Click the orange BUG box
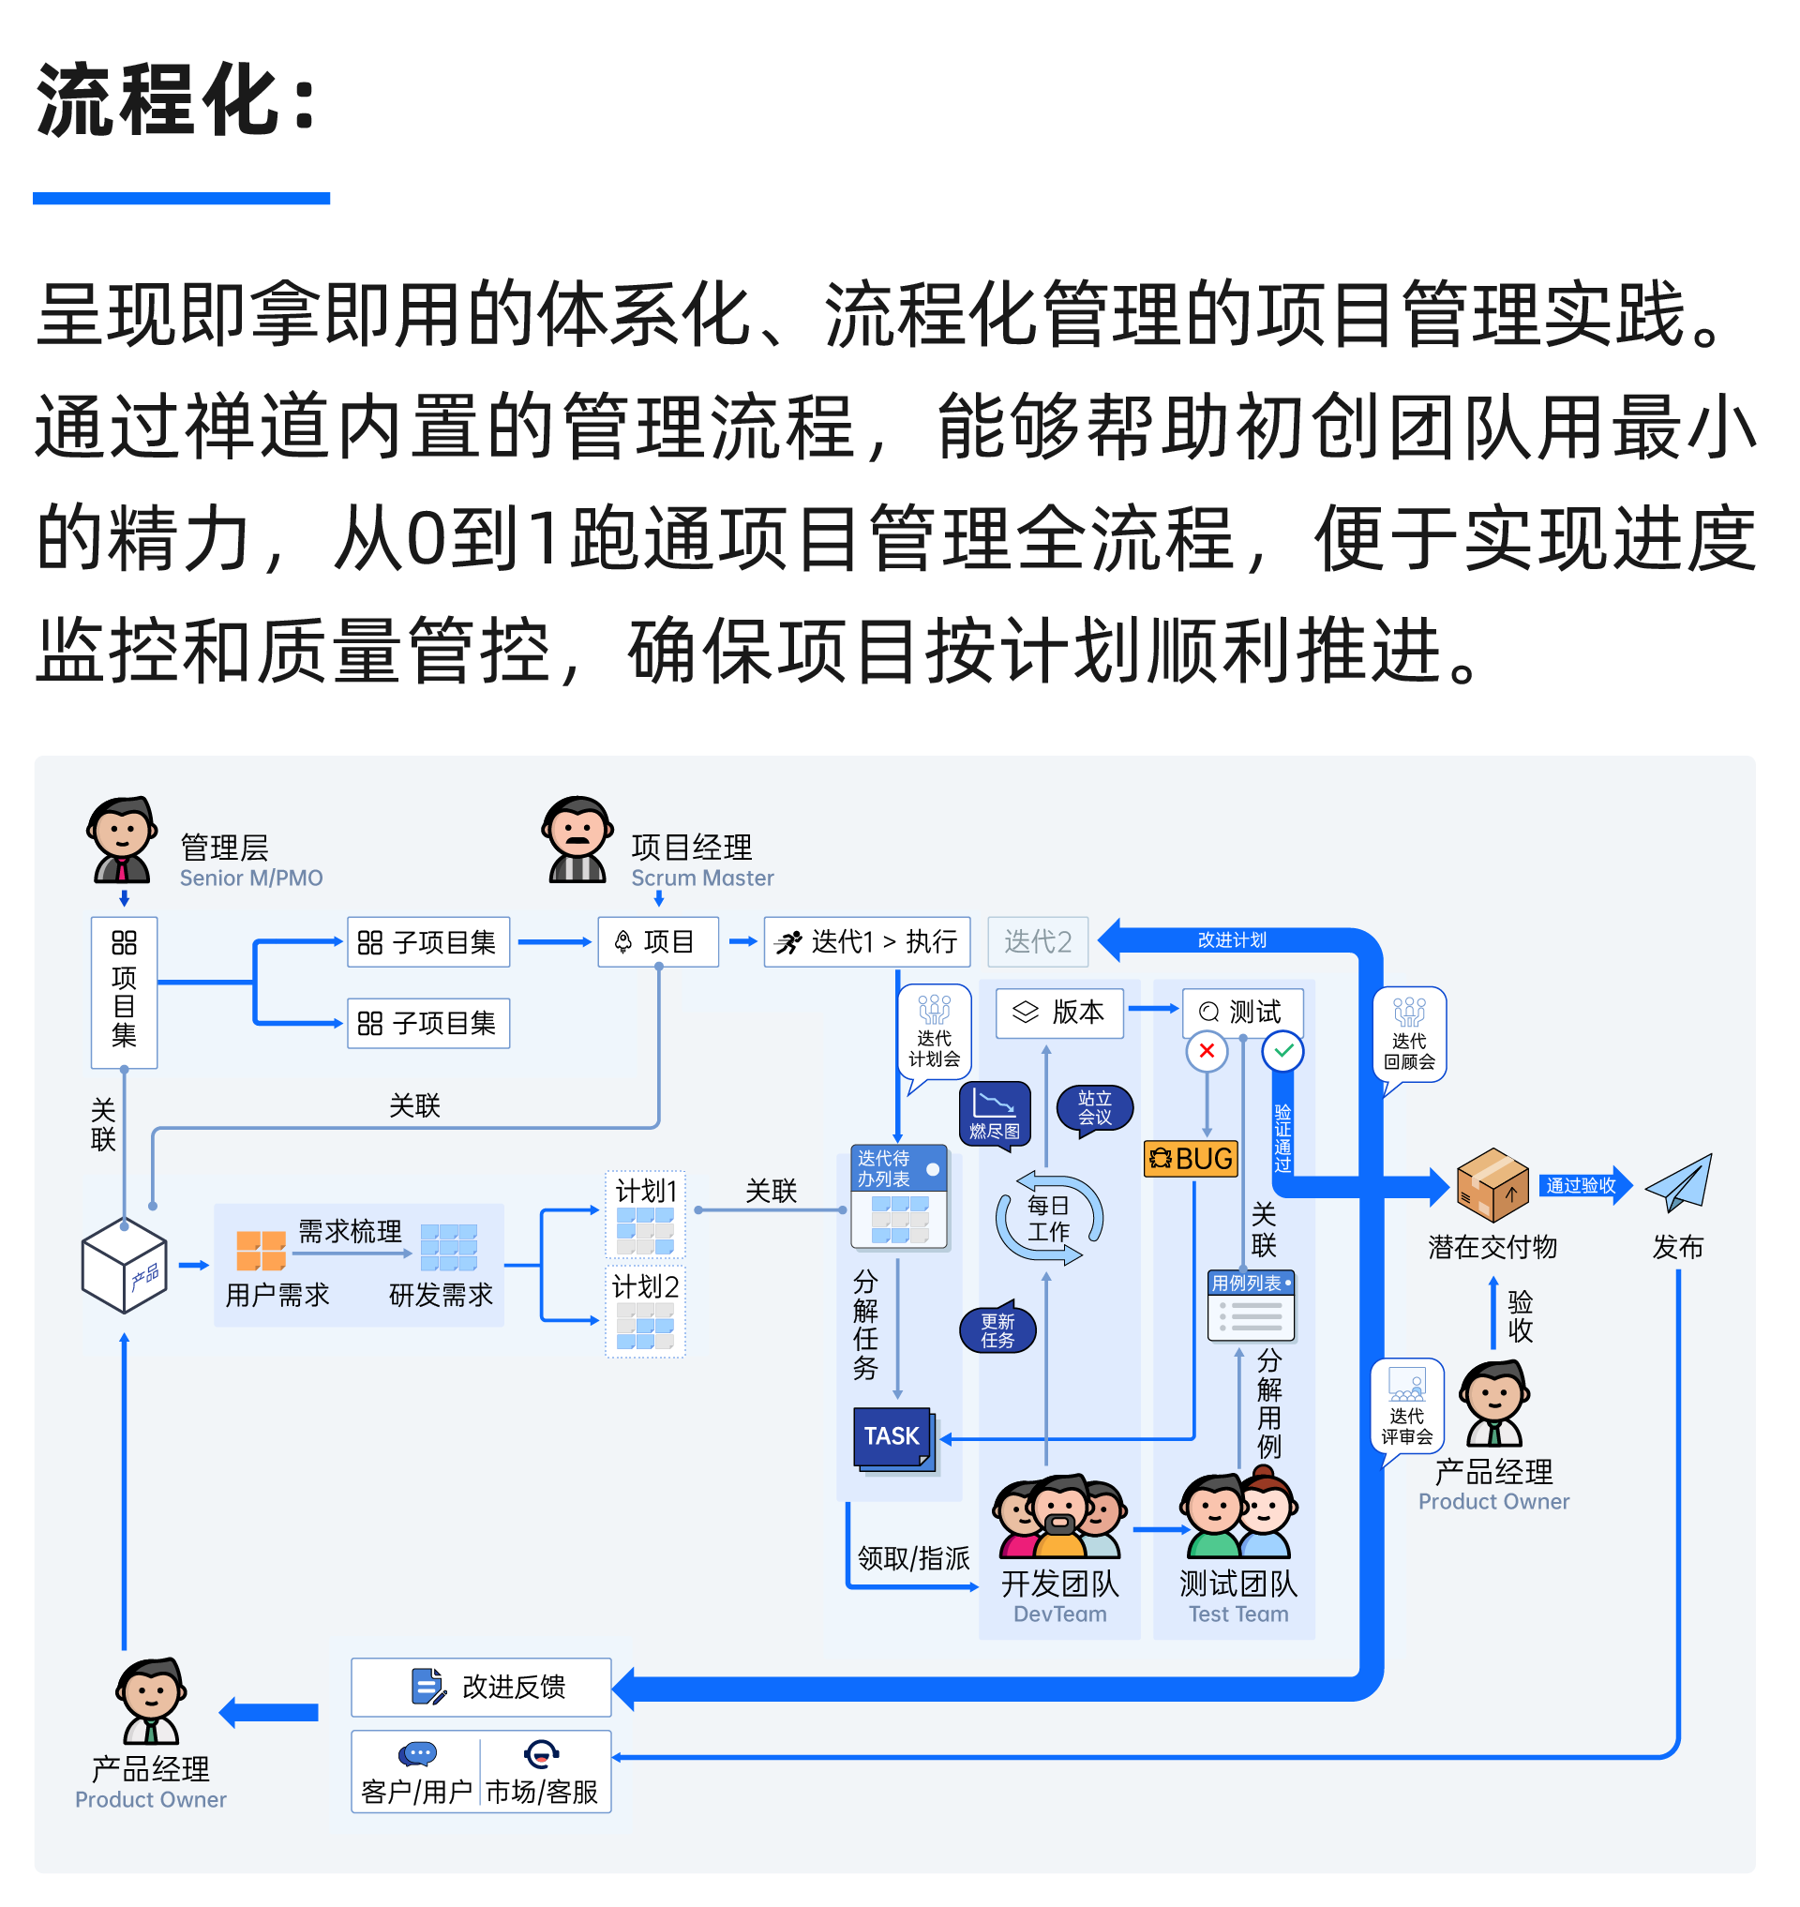(x=1190, y=1159)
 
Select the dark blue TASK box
(x=892, y=1435)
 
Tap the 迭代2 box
(x=1037, y=941)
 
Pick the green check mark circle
(x=1282, y=1051)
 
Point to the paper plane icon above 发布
(x=1678, y=1182)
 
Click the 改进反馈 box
(x=481, y=1687)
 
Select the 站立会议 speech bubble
(x=1094, y=1108)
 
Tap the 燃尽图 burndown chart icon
(x=995, y=1113)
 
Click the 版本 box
(x=1059, y=1013)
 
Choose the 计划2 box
(x=645, y=1310)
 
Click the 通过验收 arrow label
(x=1582, y=1185)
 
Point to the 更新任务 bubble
(x=997, y=1330)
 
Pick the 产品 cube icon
(x=125, y=1265)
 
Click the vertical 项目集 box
(x=124, y=992)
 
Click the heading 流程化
(x=176, y=100)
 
